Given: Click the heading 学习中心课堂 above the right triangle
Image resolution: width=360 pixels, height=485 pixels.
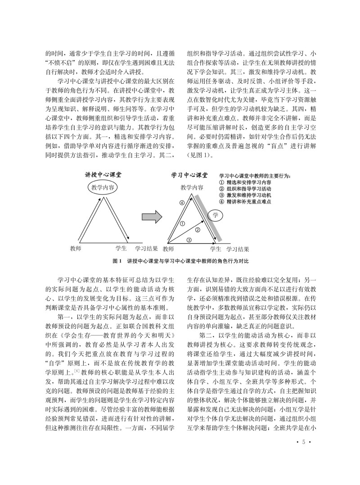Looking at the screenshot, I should point(189,175).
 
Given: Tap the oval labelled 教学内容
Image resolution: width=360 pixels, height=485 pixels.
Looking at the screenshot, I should point(102,187).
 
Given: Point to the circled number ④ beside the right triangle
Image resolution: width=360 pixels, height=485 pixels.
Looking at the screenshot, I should point(182,203).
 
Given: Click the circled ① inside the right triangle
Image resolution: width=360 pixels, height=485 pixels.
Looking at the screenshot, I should point(182,223).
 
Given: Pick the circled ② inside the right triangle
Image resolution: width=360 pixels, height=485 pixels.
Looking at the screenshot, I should point(197,230).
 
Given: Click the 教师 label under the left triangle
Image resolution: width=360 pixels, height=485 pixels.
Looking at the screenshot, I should point(76,248).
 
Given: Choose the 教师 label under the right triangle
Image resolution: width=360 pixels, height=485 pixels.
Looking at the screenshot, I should point(168,248).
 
